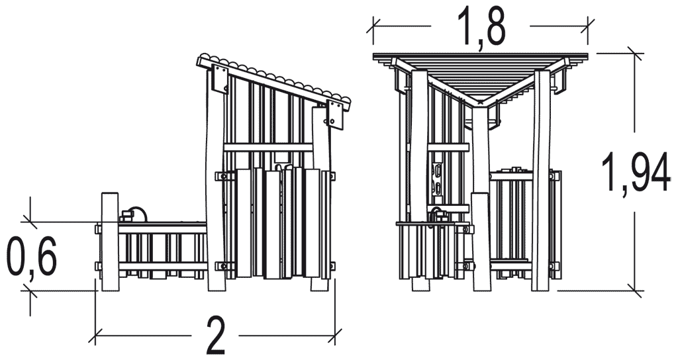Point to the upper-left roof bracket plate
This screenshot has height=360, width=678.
[220, 78]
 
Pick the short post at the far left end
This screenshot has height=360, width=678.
[109, 242]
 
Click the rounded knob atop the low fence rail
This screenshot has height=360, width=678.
[138, 214]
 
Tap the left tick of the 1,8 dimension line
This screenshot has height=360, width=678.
[373, 26]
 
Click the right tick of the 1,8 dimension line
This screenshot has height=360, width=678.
[588, 26]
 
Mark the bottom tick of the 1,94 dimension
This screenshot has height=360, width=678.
[635, 291]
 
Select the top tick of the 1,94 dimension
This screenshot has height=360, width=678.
[635, 54]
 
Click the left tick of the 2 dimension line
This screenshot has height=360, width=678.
[95, 335]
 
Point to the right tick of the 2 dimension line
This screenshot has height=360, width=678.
[334, 335]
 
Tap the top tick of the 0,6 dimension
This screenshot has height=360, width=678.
[30, 222]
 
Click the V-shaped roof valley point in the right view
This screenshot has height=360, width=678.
[481, 103]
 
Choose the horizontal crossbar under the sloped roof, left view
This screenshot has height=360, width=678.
[268, 148]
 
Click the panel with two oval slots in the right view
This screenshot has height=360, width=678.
[438, 178]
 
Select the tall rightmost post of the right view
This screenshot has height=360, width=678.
[542, 180]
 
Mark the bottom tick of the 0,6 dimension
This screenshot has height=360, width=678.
[30, 291]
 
